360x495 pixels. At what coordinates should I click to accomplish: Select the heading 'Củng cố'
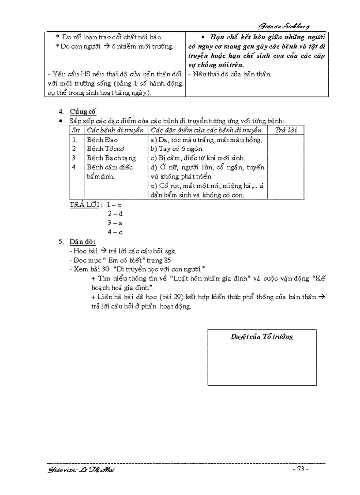click(82, 112)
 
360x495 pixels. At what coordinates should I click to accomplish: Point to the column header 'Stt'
click(76, 130)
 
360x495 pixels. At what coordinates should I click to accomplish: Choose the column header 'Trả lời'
click(285, 130)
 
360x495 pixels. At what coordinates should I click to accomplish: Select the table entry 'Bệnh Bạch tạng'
click(111, 158)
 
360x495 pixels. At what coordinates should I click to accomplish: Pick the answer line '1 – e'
click(114, 205)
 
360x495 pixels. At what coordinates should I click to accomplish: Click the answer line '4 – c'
click(115, 232)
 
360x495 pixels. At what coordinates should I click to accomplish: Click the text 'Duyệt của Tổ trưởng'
click(262, 337)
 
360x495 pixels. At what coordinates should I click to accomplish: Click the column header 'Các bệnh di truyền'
click(116, 130)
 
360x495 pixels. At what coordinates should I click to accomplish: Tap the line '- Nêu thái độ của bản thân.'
click(230, 74)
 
